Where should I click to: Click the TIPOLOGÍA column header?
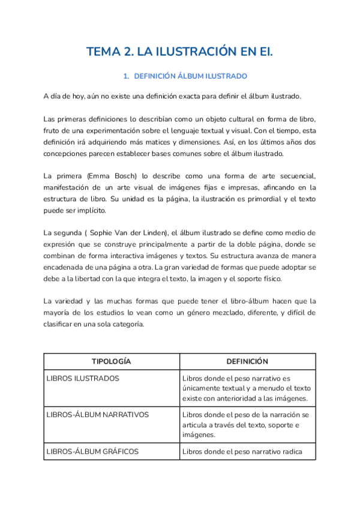tap(111, 361)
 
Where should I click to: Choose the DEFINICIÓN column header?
tap(247, 361)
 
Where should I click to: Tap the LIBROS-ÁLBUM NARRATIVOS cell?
tap(98, 415)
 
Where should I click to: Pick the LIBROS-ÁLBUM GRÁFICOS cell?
tap(92, 451)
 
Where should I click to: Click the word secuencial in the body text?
tap(296, 175)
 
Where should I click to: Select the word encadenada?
tap(66, 268)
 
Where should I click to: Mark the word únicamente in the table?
tap(203, 388)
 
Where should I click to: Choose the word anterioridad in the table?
tap(238, 399)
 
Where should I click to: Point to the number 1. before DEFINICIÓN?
tap(126, 76)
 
